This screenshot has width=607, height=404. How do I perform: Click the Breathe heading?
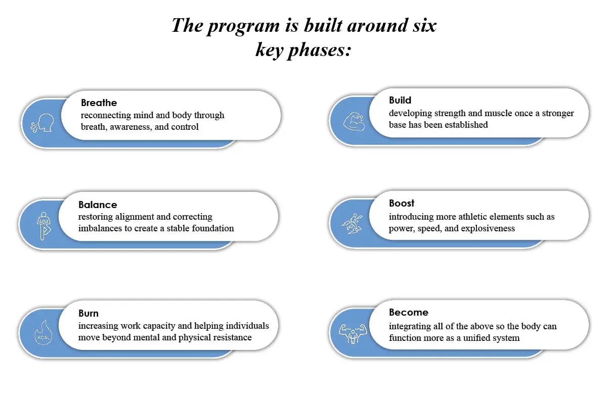[99, 103]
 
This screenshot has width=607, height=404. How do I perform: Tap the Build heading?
[400, 100]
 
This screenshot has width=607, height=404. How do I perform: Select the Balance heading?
[98, 205]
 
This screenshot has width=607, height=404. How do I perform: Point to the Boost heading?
[402, 203]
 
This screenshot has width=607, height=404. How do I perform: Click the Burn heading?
[89, 313]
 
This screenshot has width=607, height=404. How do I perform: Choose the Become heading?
[409, 312]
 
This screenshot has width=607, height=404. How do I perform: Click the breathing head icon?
[42, 123]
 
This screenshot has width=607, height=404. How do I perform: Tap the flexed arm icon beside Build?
[354, 122]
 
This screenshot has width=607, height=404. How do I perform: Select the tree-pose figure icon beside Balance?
[44, 226]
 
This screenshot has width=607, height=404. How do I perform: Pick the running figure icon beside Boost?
[352, 224]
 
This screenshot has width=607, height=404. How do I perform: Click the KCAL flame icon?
[44, 333]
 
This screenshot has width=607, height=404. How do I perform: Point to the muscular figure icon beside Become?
[353, 334]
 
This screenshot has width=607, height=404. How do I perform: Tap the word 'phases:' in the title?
[319, 50]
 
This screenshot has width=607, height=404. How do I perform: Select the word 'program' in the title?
[243, 27]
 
